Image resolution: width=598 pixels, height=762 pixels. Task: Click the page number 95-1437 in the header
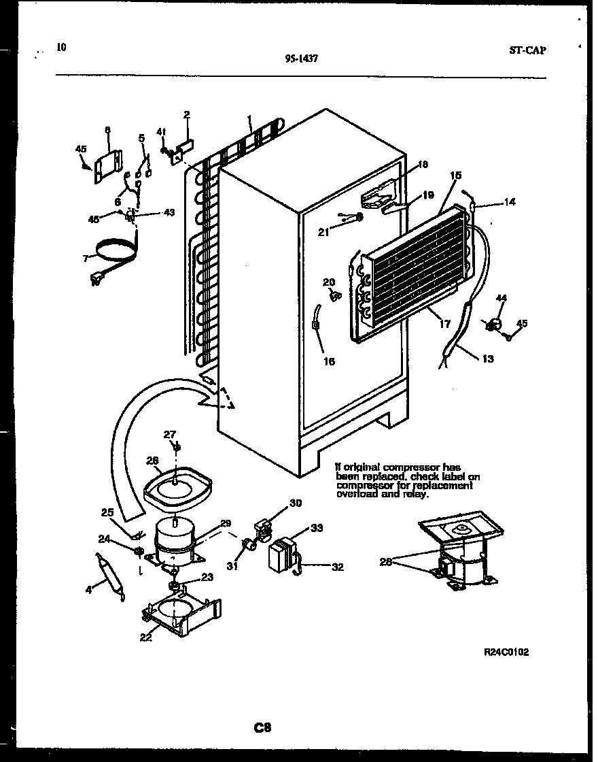[302, 59]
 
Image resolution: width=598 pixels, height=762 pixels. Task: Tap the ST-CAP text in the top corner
[527, 50]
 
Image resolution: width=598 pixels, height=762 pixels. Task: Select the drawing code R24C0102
[506, 652]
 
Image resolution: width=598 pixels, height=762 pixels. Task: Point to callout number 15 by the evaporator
[455, 176]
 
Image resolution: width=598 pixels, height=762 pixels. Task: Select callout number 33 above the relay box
[317, 527]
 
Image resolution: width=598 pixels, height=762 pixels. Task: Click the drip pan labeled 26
[178, 490]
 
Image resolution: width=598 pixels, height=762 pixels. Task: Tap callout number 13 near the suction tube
[488, 359]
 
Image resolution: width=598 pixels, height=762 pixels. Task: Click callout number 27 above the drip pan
[170, 434]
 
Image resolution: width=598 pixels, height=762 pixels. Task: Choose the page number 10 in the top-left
[62, 47]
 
